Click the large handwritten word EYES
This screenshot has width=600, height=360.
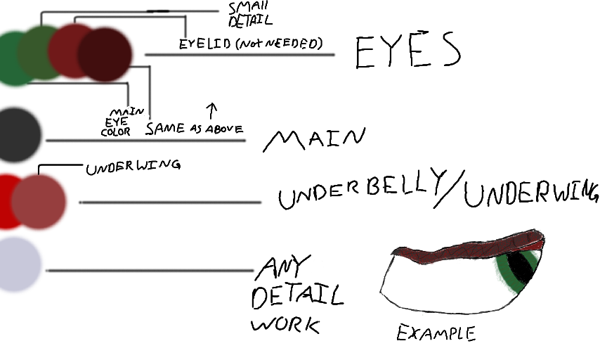point(407,51)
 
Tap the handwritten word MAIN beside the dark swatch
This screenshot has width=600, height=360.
point(314,138)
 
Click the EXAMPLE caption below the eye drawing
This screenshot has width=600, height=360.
point(436,332)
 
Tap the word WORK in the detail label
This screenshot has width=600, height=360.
point(285,325)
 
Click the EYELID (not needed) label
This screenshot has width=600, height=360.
point(250,44)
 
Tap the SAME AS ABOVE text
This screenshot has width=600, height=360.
point(195,129)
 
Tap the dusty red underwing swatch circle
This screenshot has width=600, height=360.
point(39,201)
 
